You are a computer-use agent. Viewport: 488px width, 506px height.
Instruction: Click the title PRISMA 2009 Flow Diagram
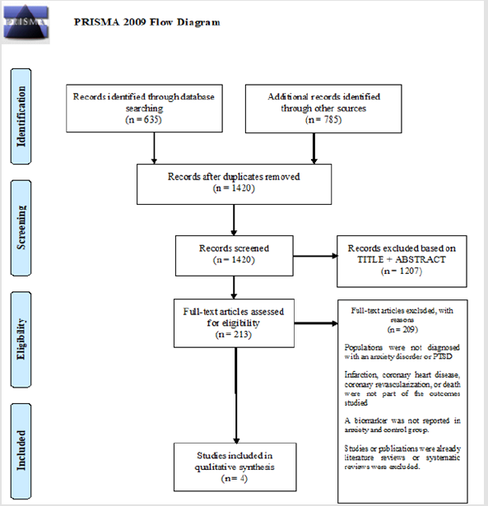pos(147,22)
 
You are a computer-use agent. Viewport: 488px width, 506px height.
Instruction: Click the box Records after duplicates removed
pos(235,183)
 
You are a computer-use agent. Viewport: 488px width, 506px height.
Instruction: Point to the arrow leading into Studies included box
pos(235,395)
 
